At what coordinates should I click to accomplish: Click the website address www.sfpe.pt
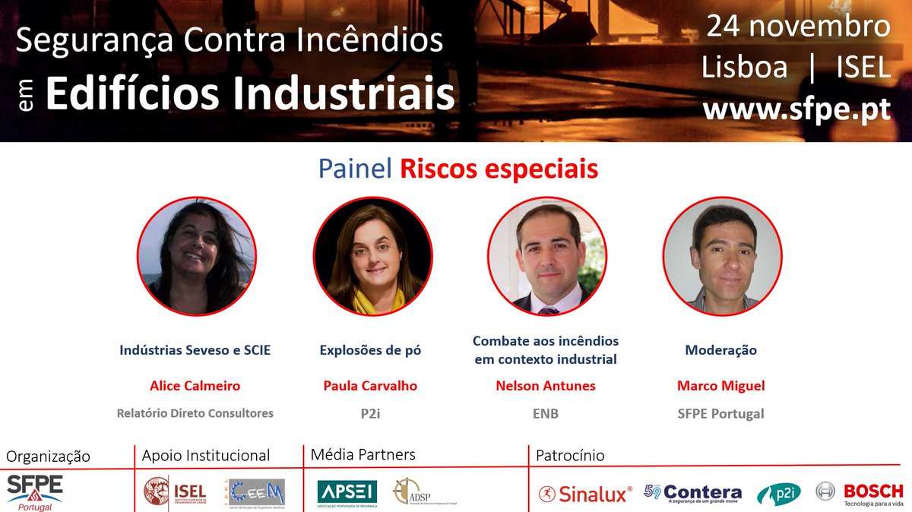point(796,109)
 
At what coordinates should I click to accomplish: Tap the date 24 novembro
point(798,27)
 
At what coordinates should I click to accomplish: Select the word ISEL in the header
point(863,68)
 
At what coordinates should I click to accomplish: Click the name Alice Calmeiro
point(195,386)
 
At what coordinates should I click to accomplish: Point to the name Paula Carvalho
point(370,386)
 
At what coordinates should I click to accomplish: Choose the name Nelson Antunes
point(546,386)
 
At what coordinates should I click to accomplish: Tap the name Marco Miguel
point(720,386)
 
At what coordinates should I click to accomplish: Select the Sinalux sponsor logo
point(584,494)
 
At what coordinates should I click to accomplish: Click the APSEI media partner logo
point(347,492)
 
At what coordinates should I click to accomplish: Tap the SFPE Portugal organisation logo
point(35,490)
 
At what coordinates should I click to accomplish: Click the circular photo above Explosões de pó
point(372,256)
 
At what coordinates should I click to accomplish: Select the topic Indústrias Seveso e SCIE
point(195,350)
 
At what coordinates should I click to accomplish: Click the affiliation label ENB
point(546,414)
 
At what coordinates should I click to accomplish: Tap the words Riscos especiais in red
point(499,169)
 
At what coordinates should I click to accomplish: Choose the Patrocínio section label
point(570,456)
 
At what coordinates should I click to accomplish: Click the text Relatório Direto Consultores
point(195,414)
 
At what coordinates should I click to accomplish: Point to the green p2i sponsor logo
point(778,494)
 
